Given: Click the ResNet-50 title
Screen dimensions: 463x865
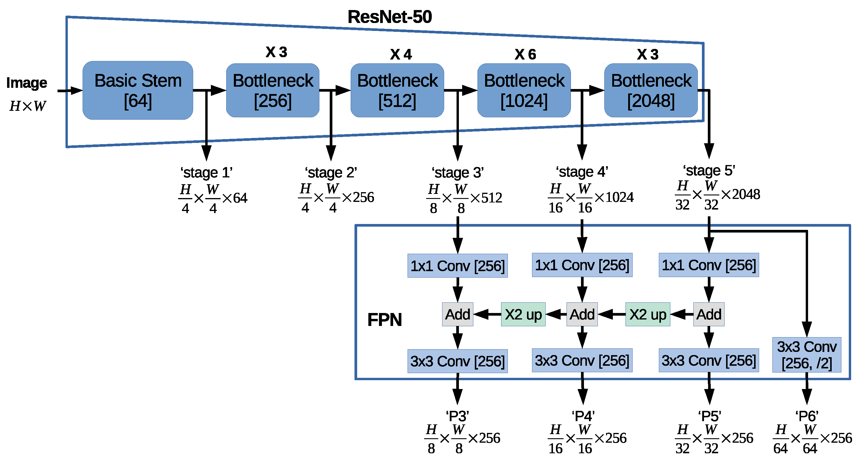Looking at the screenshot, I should coord(390,17).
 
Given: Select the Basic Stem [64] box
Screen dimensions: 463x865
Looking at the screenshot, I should coord(138,90).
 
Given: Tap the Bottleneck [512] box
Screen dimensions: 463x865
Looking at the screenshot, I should coord(397,90).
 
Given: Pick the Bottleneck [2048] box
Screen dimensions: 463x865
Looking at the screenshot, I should coord(651,90).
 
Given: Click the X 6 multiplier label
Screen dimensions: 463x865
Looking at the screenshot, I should coord(525,54).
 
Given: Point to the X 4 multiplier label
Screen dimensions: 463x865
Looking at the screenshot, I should coord(401,54).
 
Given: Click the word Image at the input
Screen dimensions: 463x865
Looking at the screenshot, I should coord(27,83).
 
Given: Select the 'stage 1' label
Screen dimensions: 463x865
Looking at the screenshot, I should coord(206,172).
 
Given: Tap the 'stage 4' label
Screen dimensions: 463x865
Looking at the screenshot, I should coord(582,172).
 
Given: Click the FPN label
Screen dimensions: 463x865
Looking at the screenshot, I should coord(385,319).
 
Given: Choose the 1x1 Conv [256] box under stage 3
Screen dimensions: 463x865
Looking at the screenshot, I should coord(457,266).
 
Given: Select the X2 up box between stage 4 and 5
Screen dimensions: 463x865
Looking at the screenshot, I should coord(647,314).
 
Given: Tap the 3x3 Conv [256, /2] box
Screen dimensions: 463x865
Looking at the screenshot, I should coord(807,355).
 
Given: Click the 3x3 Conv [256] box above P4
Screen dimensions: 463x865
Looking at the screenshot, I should coord(582,360).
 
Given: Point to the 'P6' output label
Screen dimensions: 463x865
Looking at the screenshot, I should coord(807,416).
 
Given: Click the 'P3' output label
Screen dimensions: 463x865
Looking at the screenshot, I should coord(457,416).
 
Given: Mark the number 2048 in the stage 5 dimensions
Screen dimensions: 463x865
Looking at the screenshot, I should coord(746,194).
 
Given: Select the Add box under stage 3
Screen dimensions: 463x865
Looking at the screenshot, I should coord(457,314).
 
